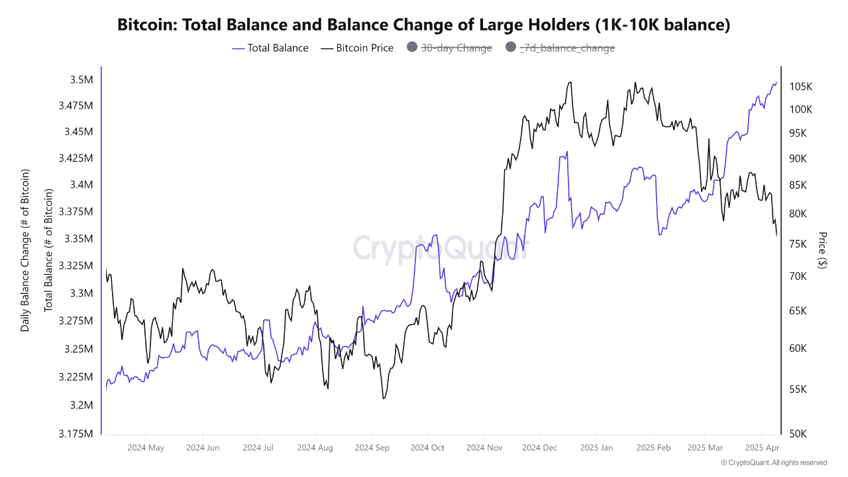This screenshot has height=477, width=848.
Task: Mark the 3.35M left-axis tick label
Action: [x=77, y=238]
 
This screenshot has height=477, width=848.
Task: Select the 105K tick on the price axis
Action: [x=801, y=87]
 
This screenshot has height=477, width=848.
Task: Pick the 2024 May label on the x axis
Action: [x=146, y=448]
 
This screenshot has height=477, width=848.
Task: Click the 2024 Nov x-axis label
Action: [x=484, y=448]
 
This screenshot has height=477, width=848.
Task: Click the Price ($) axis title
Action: [x=822, y=250]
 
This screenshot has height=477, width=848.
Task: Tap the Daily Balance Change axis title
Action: [x=25, y=250]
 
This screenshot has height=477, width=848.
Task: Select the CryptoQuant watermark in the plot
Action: [x=441, y=248]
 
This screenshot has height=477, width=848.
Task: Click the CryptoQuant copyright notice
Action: [x=773, y=462]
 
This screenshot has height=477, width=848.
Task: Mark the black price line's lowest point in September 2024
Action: [x=383, y=398]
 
